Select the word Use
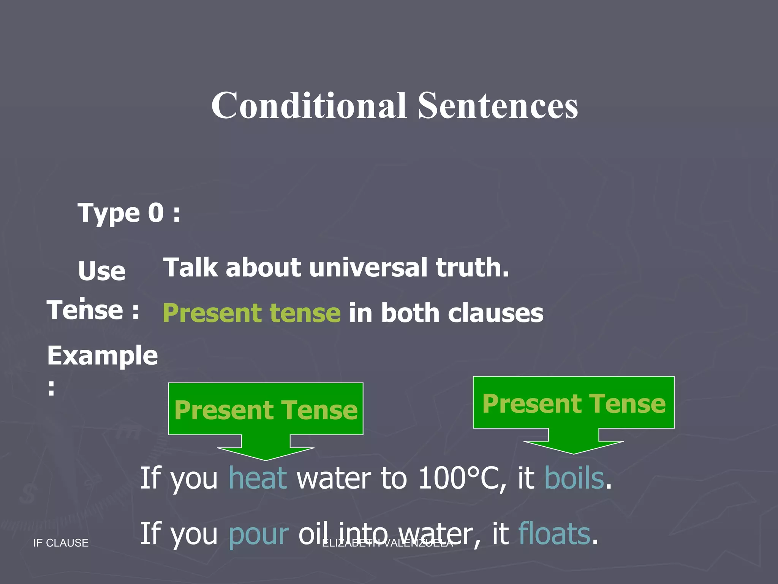tap(101, 271)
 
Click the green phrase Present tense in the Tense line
tap(251, 313)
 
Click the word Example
tap(102, 356)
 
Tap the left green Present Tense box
tap(266, 409)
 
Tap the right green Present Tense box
tap(573, 403)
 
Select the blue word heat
tap(258, 478)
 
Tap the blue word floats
tap(554, 533)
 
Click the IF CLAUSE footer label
tap(61, 543)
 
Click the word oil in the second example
tap(311, 533)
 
